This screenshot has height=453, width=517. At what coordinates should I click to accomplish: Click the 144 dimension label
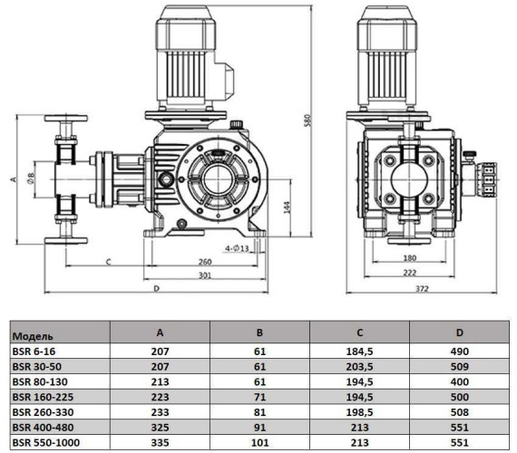pos(285,208)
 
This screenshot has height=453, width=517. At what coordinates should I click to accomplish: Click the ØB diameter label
pos(31,177)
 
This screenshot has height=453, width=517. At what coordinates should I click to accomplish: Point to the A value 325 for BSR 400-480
pos(162,428)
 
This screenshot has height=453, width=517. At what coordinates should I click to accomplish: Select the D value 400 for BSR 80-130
pos(460,381)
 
